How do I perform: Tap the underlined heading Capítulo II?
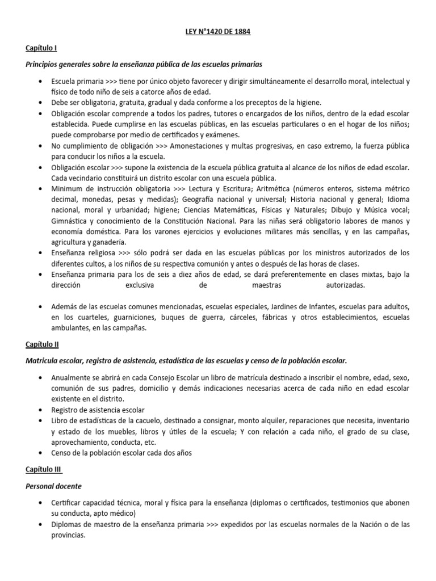pos(42,344)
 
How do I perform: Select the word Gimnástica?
pos(69,221)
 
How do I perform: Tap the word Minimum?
pos(66,189)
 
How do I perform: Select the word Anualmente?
pos(71,377)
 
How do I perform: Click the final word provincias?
pos(69,534)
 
